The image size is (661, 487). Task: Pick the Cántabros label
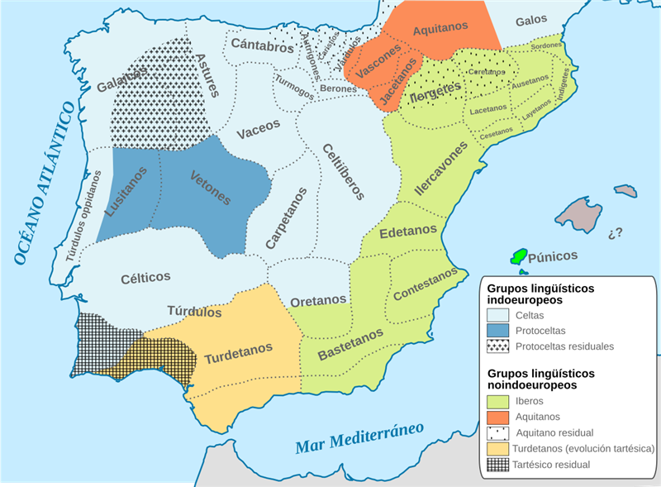pyautogui.click(x=262, y=45)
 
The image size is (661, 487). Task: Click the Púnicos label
pyautogui.click(x=553, y=255)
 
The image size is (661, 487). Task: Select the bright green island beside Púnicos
pyautogui.click(x=520, y=257)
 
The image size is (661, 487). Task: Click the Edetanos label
pyautogui.click(x=408, y=233)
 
